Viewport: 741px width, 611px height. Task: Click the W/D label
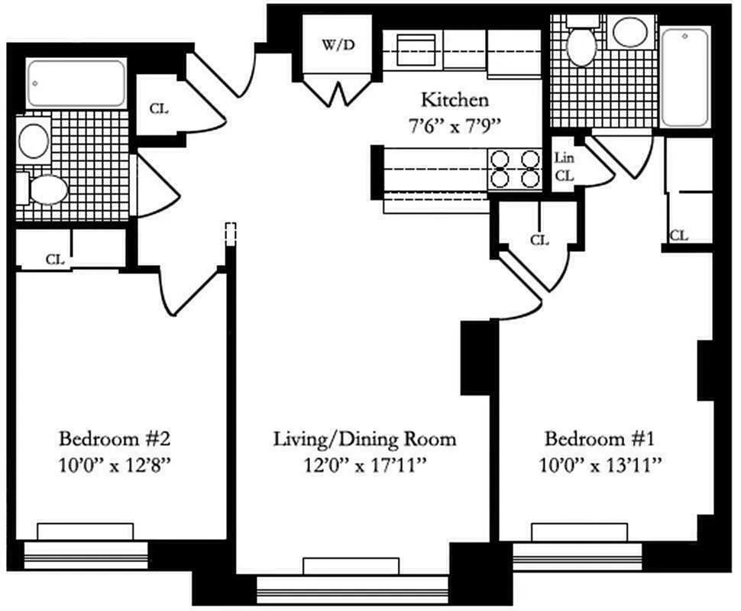click(x=338, y=44)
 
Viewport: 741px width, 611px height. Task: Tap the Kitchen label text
click(x=455, y=100)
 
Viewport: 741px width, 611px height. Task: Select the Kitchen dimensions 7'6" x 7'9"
click(x=455, y=126)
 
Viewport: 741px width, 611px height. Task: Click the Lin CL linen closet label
click(x=565, y=166)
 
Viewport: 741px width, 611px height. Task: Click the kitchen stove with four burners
click(x=513, y=169)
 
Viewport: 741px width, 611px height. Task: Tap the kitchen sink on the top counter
click(x=413, y=48)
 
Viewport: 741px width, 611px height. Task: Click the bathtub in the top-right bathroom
click(x=685, y=76)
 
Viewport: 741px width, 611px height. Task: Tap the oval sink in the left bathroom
click(x=34, y=141)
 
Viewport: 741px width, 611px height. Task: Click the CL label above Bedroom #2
click(x=54, y=259)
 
